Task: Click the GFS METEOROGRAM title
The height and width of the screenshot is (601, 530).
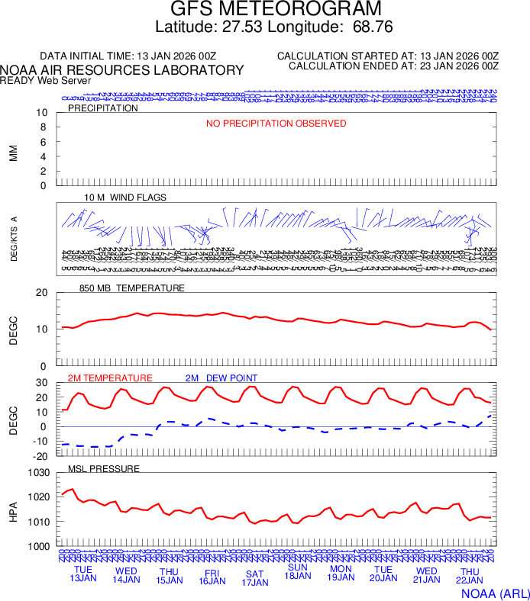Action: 275,9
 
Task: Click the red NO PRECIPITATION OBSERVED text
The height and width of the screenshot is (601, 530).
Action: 276,124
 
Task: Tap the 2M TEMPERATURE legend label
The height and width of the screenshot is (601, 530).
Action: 110,378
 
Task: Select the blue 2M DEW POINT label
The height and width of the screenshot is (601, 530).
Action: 221,378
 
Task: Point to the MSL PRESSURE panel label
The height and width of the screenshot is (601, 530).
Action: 104,468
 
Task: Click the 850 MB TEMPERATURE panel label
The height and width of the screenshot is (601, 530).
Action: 132,288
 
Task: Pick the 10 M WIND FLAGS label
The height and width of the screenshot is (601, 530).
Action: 125,198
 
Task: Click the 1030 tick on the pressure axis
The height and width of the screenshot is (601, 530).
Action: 38,473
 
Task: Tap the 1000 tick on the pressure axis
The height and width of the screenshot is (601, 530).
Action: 38,547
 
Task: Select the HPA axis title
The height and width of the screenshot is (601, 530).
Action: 13,509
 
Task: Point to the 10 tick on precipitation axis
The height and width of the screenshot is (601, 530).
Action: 43,114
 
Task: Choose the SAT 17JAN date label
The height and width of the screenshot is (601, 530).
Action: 254,578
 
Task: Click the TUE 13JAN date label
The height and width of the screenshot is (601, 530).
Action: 83,574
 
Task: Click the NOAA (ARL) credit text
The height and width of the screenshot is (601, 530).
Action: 494,592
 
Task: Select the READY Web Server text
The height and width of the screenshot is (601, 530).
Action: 46,80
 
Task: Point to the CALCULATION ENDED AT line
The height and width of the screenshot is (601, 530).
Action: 393,66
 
